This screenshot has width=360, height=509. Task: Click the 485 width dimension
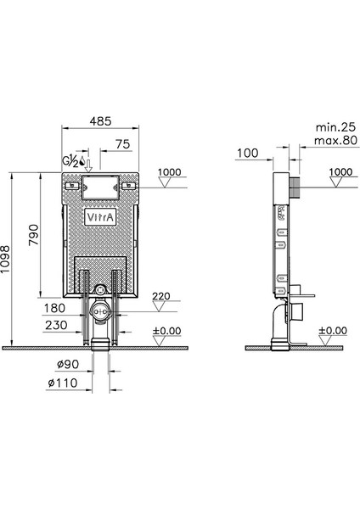coord(100,121)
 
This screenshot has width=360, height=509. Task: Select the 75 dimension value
coord(123,144)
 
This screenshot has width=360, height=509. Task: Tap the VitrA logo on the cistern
coord(100,217)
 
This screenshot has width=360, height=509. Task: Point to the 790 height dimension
coord(33,235)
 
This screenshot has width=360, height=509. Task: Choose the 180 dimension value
coord(54,308)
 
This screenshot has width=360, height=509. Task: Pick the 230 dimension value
coord(56,325)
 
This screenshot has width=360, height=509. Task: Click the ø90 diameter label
coord(68,364)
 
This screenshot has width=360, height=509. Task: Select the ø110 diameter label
coord(63,383)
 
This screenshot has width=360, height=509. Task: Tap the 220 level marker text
coord(161,296)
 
